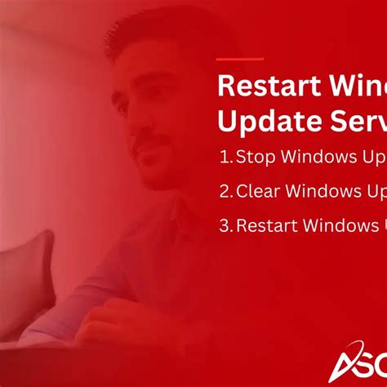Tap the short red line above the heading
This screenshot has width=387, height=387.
241,60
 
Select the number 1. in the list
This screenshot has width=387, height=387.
227,157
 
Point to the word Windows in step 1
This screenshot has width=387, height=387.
314,157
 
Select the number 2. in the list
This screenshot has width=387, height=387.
226,191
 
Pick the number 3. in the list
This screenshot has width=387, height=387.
226,225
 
